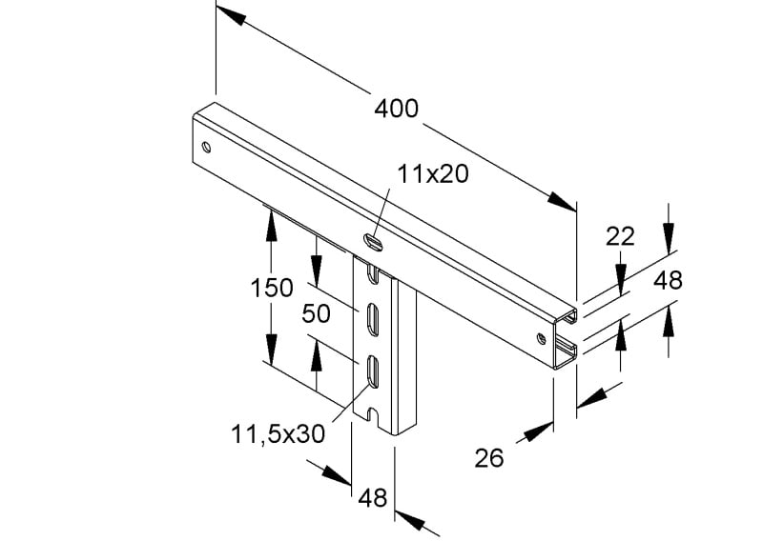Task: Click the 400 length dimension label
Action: [x=396, y=109]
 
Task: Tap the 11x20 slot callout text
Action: [x=433, y=173]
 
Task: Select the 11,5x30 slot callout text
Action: [x=278, y=433]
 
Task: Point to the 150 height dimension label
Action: [x=272, y=288]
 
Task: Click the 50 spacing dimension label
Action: [x=317, y=313]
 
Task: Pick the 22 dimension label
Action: [x=621, y=237]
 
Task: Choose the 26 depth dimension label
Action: [x=489, y=458]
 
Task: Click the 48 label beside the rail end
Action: [x=668, y=280]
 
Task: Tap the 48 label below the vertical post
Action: [x=373, y=498]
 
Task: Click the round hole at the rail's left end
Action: [x=206, y=147]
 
